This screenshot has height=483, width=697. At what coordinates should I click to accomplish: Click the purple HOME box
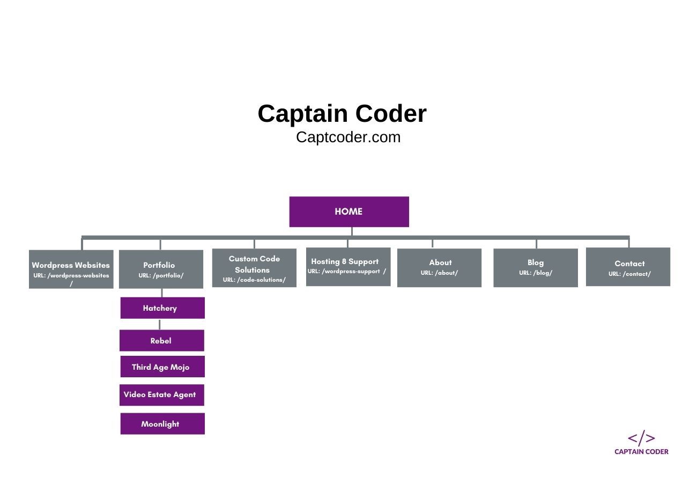(349, 211)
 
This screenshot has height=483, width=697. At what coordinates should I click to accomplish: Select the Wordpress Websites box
(71, 269)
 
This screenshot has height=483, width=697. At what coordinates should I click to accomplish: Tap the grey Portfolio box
(161, 269)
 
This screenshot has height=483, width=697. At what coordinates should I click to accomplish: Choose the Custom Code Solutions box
(254, 268)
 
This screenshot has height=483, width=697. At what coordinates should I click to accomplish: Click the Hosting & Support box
(348, 266)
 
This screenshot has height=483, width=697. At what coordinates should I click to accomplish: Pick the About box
(439, 267)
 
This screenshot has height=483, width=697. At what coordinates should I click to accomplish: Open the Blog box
(536, 267)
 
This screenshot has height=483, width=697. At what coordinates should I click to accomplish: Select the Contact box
(628, 267)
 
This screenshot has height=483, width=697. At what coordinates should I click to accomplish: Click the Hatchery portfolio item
(162, 308)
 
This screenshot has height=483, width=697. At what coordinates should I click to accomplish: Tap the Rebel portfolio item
(161, 341)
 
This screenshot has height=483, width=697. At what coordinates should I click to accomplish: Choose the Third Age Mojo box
(162, 367)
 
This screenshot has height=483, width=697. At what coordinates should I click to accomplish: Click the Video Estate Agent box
(161, 395)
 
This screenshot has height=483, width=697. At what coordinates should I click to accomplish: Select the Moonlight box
(162, 424)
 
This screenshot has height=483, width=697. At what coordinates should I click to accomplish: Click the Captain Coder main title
(342, 114)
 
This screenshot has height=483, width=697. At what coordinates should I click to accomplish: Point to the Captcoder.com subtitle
(348, 137)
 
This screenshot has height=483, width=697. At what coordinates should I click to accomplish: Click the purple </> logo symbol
(641, 438)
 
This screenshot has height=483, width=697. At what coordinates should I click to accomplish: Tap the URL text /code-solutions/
(254, 280)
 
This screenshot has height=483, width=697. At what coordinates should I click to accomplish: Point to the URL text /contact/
(629, 274)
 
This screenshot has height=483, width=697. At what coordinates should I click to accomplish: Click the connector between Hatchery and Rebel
(159, 324)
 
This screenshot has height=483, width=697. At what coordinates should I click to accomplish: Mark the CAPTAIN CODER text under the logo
(641, 452)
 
